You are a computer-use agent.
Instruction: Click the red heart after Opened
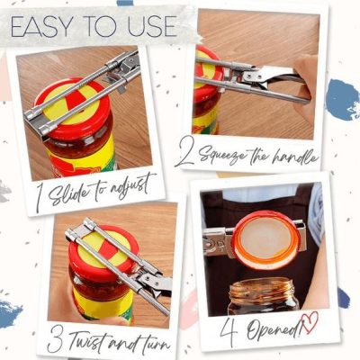click(x=310, y=322)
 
